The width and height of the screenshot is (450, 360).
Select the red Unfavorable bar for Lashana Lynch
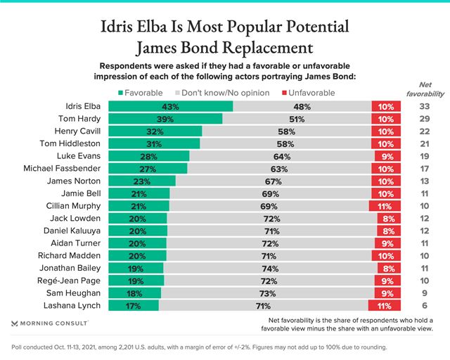(384, 306)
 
